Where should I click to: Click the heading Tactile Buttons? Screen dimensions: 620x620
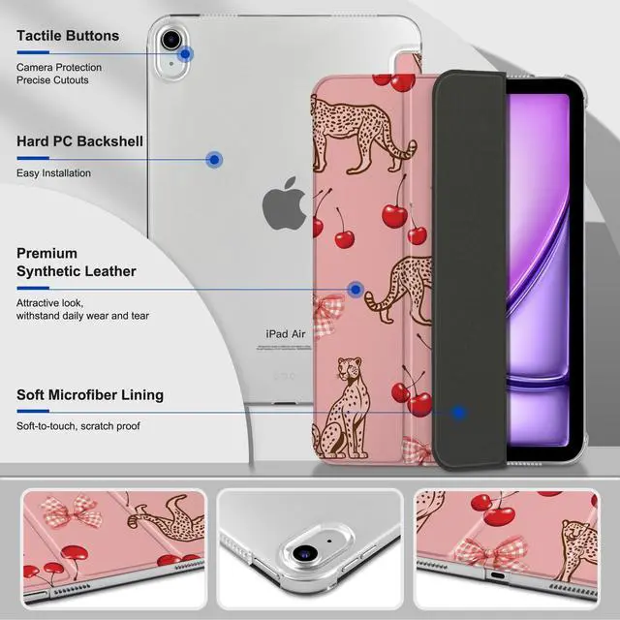pyautogui.click(x=68, y=36)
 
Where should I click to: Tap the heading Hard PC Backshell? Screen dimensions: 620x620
pyautogui.click(x=79, y=141)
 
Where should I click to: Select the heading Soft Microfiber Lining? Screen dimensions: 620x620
pyautogui.click(x=89, y=395)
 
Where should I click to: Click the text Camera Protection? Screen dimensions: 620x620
pyautogui.click(x=58, y=67)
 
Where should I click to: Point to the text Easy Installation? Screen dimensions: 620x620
pyautogui.click(x=53, y=173)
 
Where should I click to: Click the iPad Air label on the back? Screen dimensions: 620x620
pyautogui.click(x=286, y=333)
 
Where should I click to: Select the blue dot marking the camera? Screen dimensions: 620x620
pyautogui.click(x=185, y=54)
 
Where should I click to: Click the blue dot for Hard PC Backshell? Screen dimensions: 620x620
pyautogui.click(x=215, y=158)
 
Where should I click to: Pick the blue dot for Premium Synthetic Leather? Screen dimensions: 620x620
pyautogui.click(x=356, y=289)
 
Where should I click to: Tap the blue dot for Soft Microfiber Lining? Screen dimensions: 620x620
pyautogui.click(x=459, y=412)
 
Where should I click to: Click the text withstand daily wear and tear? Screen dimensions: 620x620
pyautogui.click(x=81, y=316)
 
